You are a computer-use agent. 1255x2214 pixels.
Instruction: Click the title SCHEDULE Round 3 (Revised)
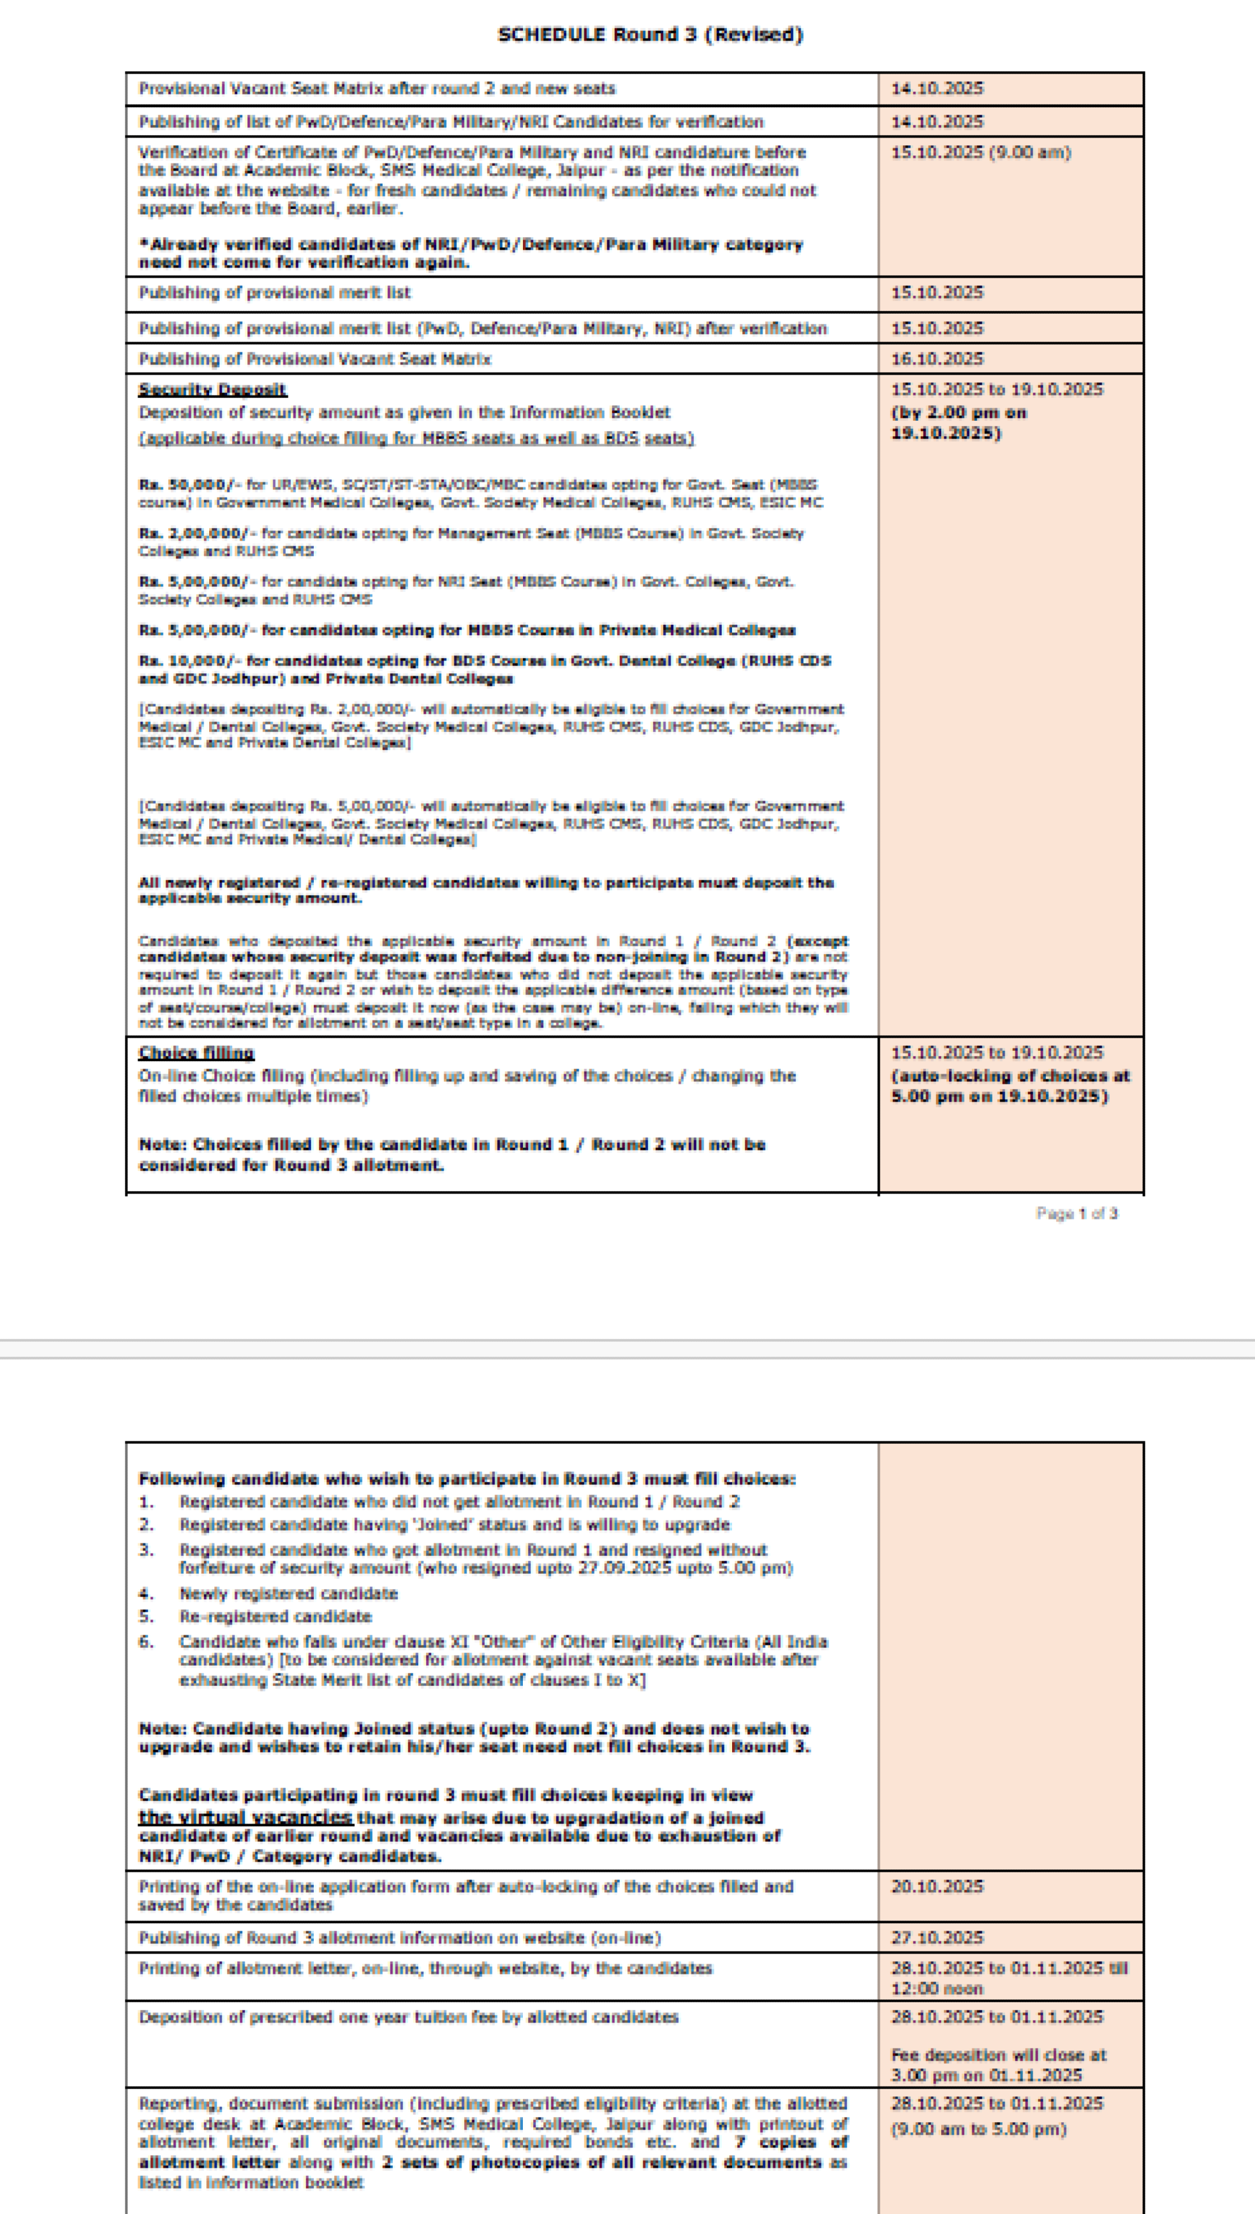tap(650, 34)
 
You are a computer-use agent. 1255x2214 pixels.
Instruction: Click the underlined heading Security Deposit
tap(212, 390)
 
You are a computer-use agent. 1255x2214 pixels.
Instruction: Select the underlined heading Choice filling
tap(196, 1052)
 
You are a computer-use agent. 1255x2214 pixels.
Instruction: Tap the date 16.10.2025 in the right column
tap(937, 359)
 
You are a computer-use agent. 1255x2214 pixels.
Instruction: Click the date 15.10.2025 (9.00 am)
tap(980, 153)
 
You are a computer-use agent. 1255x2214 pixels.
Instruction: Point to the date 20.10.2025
tap(937, 1886)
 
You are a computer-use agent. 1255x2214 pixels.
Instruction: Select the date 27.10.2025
tap(937, 1938)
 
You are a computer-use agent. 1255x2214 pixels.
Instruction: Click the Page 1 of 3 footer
tap(1077, 1213)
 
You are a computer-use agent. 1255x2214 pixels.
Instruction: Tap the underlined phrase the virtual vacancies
tap(246, 1817)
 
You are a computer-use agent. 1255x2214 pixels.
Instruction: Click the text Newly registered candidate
tap(288, 1593)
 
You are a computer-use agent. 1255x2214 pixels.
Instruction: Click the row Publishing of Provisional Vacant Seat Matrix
tap(314, 359)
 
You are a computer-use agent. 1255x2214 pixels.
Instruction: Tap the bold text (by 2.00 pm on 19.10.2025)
tap(958, 422)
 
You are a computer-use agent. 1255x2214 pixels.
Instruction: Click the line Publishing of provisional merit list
tap(274, 293)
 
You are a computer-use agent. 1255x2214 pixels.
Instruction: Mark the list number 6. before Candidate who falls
tap(146, 1642)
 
